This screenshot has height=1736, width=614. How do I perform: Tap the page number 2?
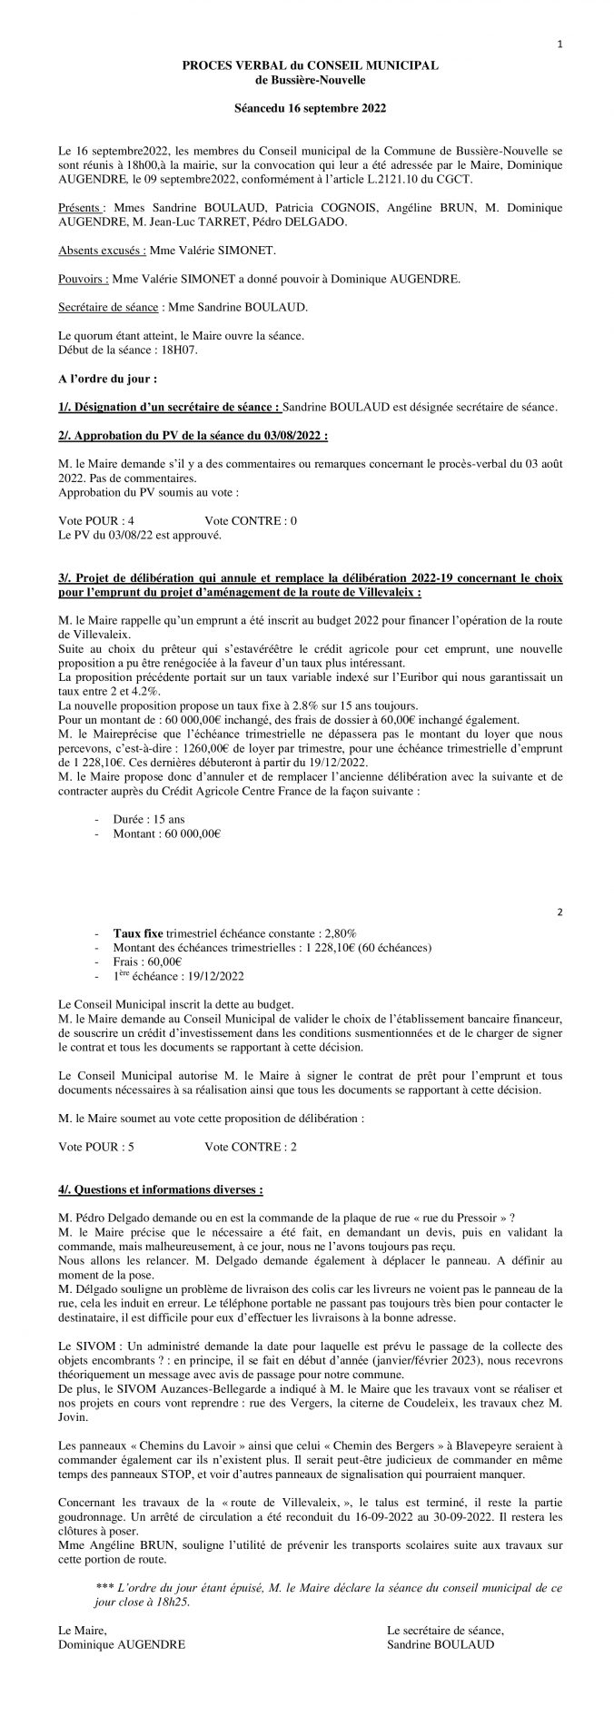pyautogui.click(x=560, y=910)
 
